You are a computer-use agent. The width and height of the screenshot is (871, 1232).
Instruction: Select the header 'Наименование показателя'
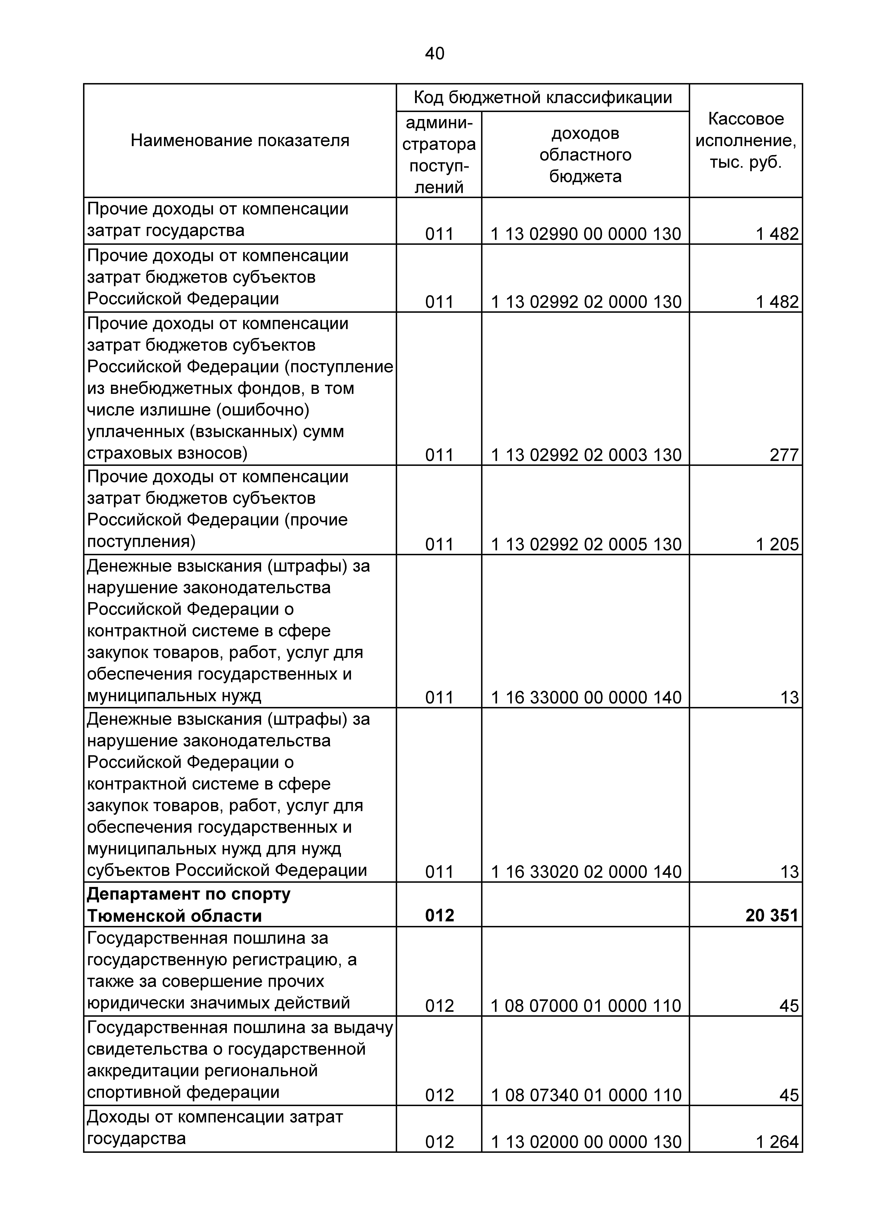pyautogui.click(x=240, y=141)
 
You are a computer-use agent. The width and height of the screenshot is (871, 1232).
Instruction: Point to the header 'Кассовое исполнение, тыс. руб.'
pyautogui.click(x=745, y=141)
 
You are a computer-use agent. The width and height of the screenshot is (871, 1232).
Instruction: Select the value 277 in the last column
pyautogui.click(x=784, y=455)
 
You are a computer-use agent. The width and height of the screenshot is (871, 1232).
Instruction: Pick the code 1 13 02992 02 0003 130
pyautogui.click(x=586, y=455)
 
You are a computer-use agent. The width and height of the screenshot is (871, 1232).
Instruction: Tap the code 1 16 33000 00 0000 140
pyautogui.click(x=586, y=697)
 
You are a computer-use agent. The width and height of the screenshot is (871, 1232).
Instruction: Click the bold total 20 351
pyautogui.click(x=772, y=915)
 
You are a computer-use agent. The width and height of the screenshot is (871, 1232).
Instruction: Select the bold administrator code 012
pyautogui.click(x=439, y=915)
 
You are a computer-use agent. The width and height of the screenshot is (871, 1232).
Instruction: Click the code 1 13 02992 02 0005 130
pyautogui.click(x=586, y=545)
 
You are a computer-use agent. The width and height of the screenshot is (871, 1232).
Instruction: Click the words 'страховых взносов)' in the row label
pyautogui.click(x=167, y=453)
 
